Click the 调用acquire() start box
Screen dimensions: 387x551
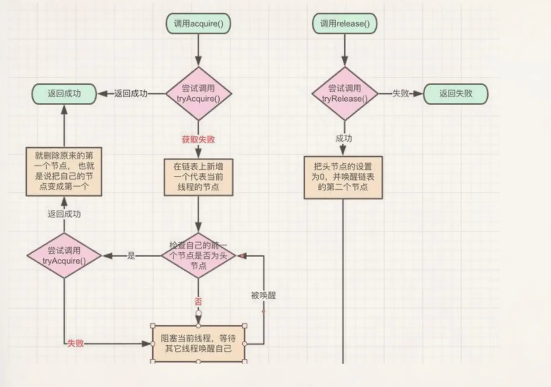[x=198, y=24]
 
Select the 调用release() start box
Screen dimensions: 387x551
[x=344, y=24]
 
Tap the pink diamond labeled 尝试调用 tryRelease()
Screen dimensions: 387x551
[x=345, y=94]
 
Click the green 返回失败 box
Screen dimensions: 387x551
[x=456, y=94]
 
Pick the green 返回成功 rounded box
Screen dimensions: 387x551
[x=64, y=94]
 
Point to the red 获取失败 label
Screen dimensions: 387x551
[x=198, y=139]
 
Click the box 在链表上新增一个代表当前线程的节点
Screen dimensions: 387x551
[x=198, y=177]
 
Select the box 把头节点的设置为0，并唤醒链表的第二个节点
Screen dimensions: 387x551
[x=343, y=177]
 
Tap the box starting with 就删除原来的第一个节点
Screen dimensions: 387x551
[x=64, y=171]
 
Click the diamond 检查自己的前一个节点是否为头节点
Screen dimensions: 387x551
[x=198, y=256]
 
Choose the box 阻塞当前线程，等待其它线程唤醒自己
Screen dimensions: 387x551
[x=198, y=343]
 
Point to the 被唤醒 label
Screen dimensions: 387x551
[x=264, y=295]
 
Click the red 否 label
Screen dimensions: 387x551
[x=198, y=301]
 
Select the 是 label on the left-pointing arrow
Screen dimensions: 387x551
[x=131, y=256]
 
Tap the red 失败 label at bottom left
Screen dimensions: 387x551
[x=75, y=343]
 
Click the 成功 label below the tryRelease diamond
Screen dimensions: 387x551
[x=344, y=138]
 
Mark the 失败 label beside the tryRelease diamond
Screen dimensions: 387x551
[x=400, y=93]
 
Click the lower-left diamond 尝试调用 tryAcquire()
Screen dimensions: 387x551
[x=64, y=256]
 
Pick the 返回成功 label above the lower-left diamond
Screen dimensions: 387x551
[x=64, y=214]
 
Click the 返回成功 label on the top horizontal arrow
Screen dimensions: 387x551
[x=131, y=93]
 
